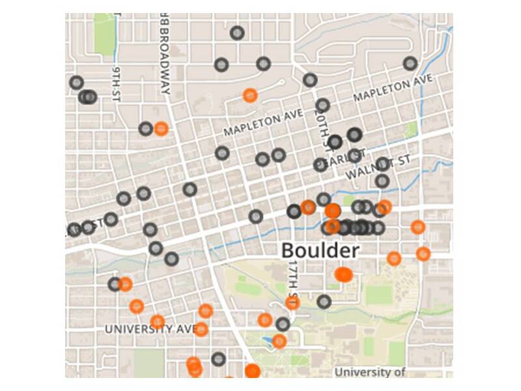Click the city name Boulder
(x=319, y=250)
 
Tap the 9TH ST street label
(x=117, y=83)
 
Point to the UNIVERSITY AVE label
(x=150, y=329)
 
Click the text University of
(x=369, y=372)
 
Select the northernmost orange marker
(x=249, y=95)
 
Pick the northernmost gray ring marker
(x=237, y=33)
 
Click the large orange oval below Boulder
(x=344, y=274)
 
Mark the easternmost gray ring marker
(x=410, y=63)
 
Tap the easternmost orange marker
(x=423, y=253)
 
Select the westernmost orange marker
(x=125, y=284)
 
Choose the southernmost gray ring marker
(x=218, y=359)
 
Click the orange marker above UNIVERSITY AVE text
(x=157, y=321)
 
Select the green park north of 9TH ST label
(x=103, y=33)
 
